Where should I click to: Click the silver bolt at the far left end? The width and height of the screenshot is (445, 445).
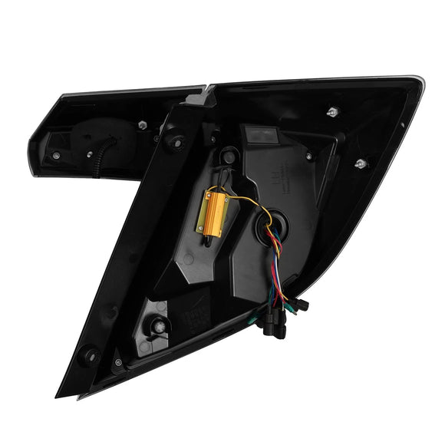point(56,156)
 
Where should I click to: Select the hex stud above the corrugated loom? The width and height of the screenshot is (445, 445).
point(142,124)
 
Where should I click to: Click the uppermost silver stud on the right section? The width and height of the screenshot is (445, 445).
point(332,112)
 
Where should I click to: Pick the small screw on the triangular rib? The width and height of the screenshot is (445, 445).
point(308,156)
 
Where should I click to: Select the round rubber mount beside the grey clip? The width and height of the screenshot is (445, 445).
point(174,141)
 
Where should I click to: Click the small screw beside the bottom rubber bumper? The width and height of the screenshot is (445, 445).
point(118,361)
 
